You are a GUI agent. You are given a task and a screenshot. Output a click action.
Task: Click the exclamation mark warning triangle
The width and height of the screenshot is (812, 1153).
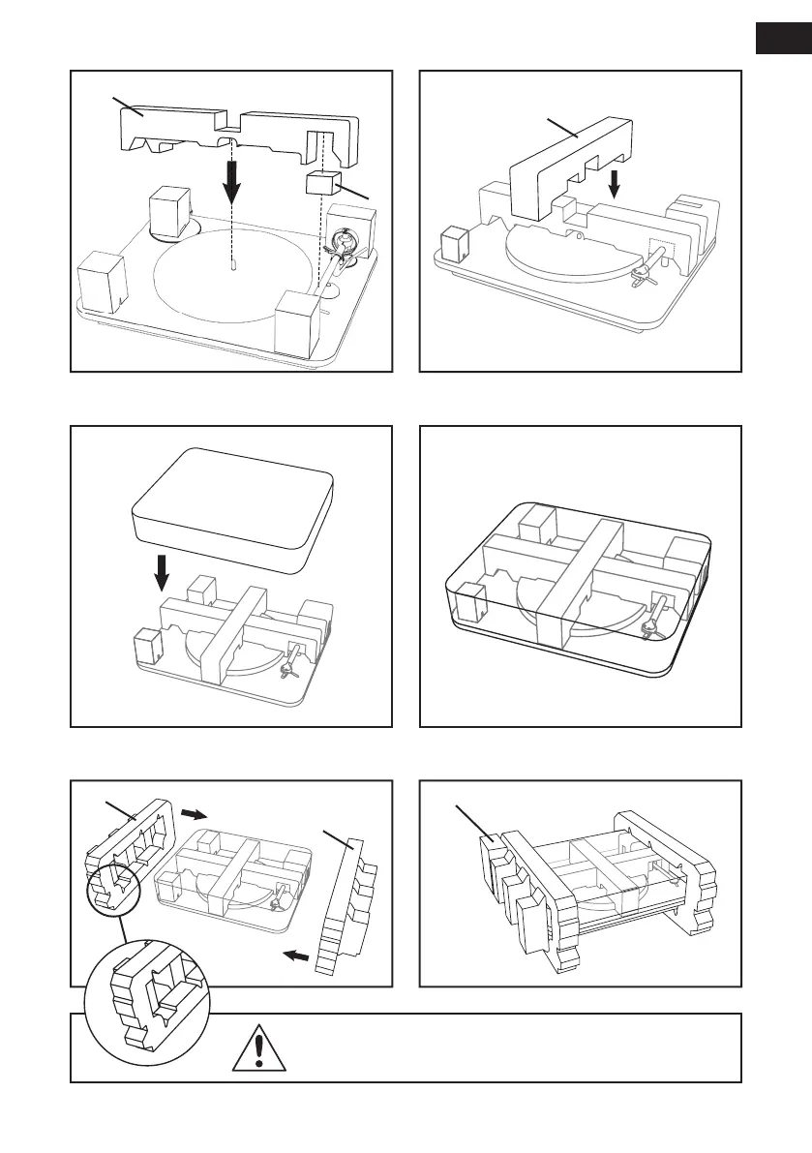click(x=257, y=1048)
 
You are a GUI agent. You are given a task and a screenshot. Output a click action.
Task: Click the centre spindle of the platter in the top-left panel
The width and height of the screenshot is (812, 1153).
click(x=235, y=265)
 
